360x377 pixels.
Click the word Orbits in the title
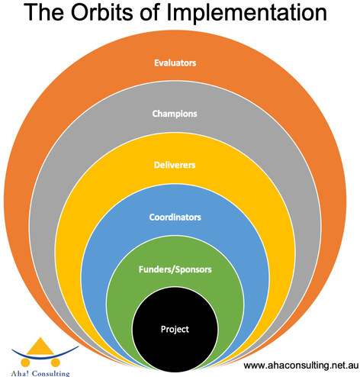tap(101, 12)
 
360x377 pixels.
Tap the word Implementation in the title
tap(246, 13)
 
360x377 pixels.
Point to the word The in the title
tap(43, 12)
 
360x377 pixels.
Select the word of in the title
tap(149, 12)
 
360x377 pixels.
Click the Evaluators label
tap(175, 63)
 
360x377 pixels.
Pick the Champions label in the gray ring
tap(175, 114)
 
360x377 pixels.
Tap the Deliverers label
tap(175, 165)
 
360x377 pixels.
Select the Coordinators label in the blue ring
tap(175, 217)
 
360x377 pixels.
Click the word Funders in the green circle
tap(156, 269)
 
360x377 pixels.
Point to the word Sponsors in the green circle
tap(194, 269)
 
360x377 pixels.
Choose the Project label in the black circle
tap(175, 330)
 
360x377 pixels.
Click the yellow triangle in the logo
tap(40, 346)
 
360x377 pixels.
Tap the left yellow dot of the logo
tap(25, 362)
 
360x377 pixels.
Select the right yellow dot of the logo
tap(55, 362)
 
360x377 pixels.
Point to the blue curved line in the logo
tap(45, 356)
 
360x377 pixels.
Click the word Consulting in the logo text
tap(51, 374)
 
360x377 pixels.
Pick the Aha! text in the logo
tap(21, 373)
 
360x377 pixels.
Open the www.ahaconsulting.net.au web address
tap(301, 366)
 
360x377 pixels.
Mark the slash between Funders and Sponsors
tap(175, 269)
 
